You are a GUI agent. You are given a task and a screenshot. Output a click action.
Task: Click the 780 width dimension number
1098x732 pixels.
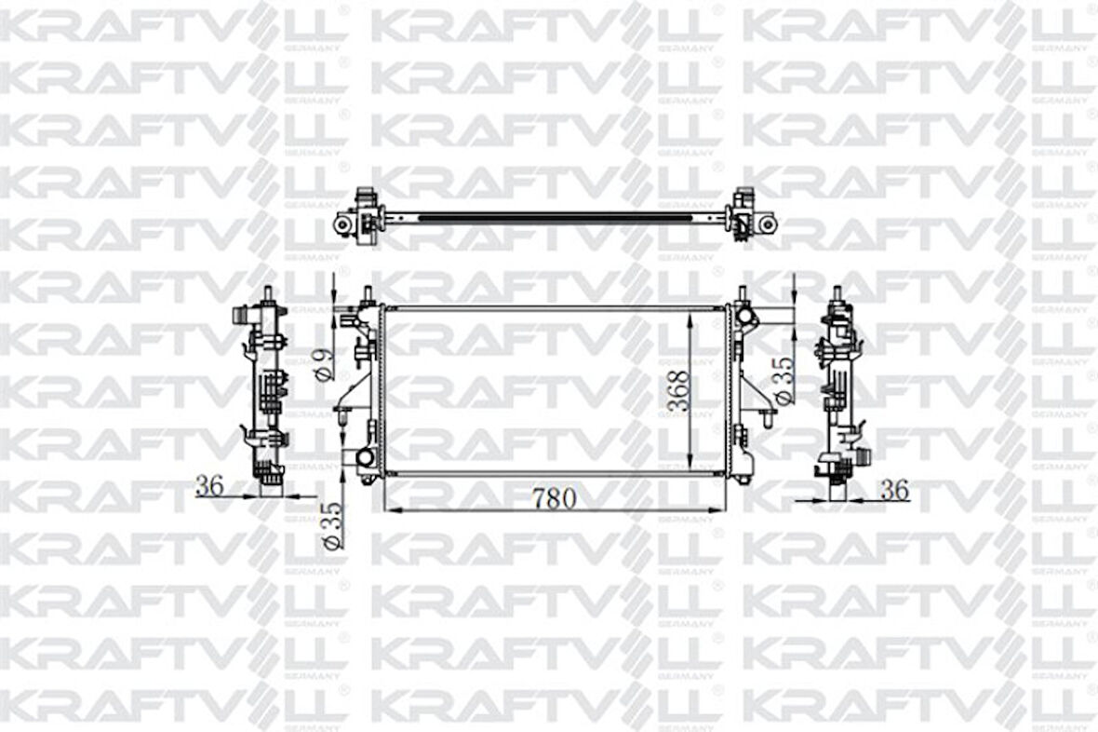click(555, 498)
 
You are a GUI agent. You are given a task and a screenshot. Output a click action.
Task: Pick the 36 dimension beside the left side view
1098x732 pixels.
click(211, 485)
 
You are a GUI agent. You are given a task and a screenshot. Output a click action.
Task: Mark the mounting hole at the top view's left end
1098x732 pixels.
click(343, 225)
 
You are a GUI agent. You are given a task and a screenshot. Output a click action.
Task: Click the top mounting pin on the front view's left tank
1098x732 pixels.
click(368, 294)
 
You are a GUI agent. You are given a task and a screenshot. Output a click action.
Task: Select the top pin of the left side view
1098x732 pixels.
click(268, 294)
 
